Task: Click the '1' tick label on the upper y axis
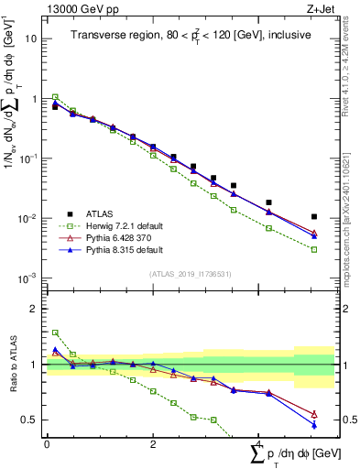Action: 35,99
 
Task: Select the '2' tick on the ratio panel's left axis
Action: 35,310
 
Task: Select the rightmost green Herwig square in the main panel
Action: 314,249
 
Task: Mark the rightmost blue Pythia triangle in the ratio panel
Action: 314,425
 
